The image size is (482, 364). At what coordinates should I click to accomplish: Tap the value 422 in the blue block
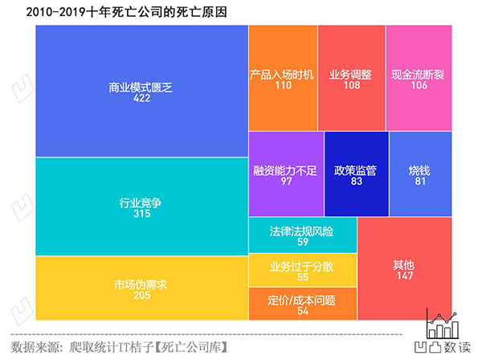click(x=141, y=100)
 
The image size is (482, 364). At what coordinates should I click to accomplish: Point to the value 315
click(x=141, y=215)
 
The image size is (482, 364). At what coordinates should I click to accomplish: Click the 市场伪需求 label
click(x=141, y=284)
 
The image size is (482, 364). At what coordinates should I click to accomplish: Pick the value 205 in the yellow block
click(x=141, y=295)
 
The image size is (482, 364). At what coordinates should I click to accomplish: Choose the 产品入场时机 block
click(x=283, y=77)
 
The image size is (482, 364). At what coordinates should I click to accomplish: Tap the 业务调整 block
click(x=351, y=77)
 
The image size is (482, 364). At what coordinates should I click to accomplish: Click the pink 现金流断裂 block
click(x=418, y=77)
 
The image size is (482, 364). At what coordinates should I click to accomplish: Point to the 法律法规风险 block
click(x=301, y=235)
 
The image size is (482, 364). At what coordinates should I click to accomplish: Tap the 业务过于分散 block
click(x=301, y=270)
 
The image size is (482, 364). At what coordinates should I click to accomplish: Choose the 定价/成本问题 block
click(x=301, y=305)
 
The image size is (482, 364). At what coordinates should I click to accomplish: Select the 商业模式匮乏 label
click(x=141, y=88)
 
